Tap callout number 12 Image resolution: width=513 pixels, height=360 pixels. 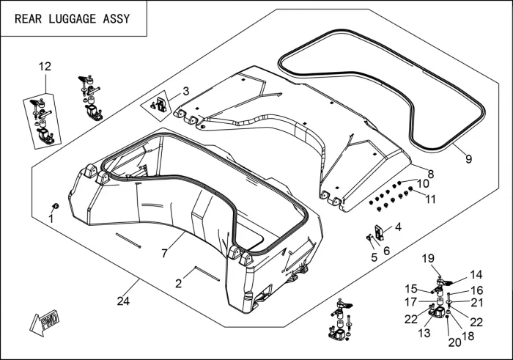[45, 67]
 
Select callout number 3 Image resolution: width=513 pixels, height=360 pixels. [185, 92]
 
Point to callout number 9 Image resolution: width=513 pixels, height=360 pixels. [468, 157]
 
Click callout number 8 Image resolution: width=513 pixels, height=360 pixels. [431, 174]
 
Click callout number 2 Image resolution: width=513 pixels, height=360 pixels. [178, 282]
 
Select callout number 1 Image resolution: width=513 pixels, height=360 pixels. [51, 218]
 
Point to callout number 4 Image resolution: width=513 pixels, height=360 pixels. [398, 227]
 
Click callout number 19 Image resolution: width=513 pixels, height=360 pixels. [428, 258]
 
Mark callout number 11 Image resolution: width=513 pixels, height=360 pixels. [431, 199]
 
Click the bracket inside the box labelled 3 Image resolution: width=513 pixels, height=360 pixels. [160, 102]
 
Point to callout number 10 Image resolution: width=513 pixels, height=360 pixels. [423, 183]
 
